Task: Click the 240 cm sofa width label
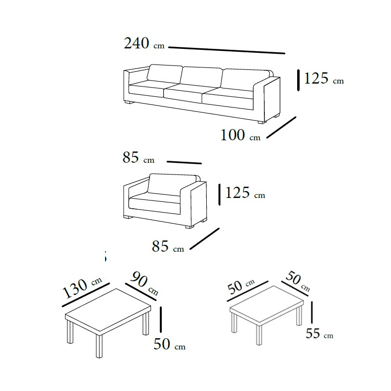pyautogui.click(x=144, y=43)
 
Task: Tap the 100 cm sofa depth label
pyautogui.click(x=240, y=135)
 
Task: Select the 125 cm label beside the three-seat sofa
pyautogui.click(x=324, y=78)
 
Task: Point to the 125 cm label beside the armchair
pyautogui.click(x=245, y=193)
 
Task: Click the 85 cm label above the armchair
pyautogui.click(x=138, y=157)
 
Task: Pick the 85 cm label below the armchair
pyautogui.click(x=168, y=246)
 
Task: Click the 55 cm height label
pyautogui.click(x=320, y=333)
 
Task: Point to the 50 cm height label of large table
pyautogui.click(x=170, y=344)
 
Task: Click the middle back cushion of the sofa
pyautogui.click(x=201, y=77)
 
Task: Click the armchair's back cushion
pyautogui.click(x=172, y=184)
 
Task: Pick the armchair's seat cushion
pyautogui.click(x=154, y=203)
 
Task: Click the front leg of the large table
pyautogui.click(x=99, y=346)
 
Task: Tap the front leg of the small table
pyautogui.click(x=260, y=335)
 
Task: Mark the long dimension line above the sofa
pyautogui.click(x=227, y=50)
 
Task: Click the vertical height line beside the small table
pyautogui.click(x=312, y=312)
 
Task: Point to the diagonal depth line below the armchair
pyautogui.click(x=204, y=239)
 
